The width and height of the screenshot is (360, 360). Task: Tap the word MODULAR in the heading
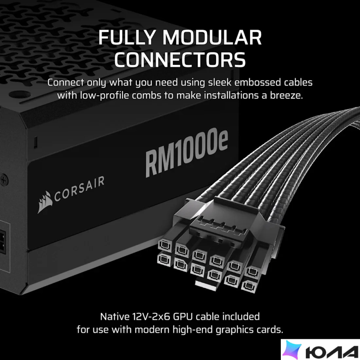click(212, 37)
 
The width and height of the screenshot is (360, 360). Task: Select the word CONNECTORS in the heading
click(180, 59)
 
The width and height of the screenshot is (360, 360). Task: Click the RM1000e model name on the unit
click(187, 153)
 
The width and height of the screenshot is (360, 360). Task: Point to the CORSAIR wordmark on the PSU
click(79, 189)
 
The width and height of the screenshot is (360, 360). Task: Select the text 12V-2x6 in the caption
click(151, 316)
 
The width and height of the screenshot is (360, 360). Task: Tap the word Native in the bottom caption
click(115, 316)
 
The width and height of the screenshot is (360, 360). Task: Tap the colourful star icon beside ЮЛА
click(292, 350)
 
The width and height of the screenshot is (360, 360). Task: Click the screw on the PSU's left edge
click(4, 180)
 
